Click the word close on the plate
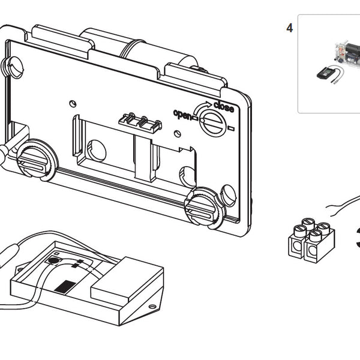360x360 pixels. coord(223,107)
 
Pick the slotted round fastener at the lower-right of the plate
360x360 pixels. coord(204,206)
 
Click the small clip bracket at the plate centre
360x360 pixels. coord(142,121)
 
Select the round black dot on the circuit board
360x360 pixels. coord(53,261)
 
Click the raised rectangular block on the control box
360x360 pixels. coord(126,276)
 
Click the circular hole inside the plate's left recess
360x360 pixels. coord(96,150)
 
